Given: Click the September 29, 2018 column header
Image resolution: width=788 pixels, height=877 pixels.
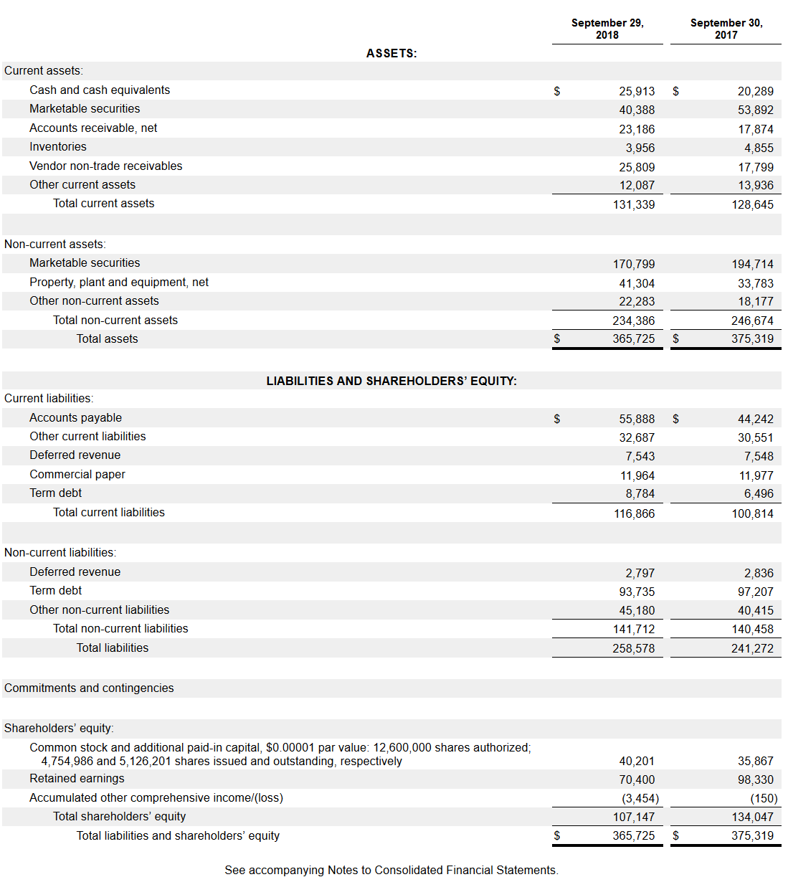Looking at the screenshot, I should coord(607,29).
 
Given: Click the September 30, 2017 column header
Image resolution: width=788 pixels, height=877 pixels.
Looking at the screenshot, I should coord(726,29).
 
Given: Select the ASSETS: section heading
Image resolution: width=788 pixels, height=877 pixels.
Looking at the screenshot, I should coord(391,53).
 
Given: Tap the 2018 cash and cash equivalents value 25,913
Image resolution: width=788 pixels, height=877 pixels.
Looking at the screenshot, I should coord(637,91).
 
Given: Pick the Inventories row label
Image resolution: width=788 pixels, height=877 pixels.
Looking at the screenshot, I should coord(58,147).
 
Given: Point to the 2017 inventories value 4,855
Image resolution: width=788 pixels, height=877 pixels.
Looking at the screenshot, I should coord(759,148).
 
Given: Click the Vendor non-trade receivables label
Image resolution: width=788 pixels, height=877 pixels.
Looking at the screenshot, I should coord(106,166).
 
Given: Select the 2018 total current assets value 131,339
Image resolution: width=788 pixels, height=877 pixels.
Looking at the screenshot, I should coord(634,204).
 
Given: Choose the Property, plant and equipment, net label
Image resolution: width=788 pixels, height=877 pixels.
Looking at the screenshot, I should coord(119,283).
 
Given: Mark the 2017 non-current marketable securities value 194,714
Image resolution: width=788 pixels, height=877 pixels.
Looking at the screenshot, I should coord(752,264).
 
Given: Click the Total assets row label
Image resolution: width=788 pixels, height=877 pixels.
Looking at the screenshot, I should coord(108,339).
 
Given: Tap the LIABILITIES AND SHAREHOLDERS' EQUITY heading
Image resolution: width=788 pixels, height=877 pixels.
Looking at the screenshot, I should coord(391,381).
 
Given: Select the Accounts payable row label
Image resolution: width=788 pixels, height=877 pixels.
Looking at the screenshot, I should coord(76,418).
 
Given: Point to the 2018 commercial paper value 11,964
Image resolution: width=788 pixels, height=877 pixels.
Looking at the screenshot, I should coord(637,475).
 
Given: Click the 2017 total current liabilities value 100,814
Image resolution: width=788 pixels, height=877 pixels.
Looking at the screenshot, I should coord(752,513).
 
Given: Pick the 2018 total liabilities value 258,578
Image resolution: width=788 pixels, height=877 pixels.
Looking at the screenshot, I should coord(634,648).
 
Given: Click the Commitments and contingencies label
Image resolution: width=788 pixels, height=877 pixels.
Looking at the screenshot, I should coord(89,688).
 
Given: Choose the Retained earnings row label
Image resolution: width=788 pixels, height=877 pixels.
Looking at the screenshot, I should coord(77,779).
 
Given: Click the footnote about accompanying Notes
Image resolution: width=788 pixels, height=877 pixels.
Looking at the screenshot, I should coord(391,870).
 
